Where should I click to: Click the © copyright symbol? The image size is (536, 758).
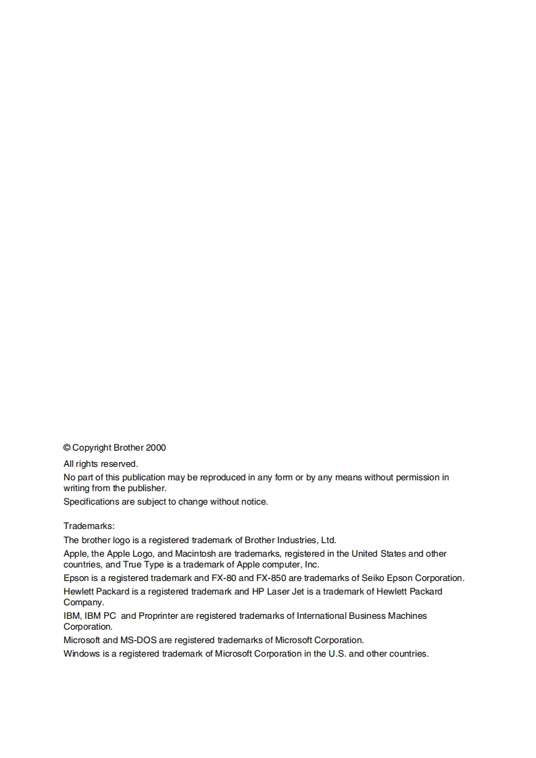click(x=67, y=448)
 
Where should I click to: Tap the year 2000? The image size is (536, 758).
click(x=155, y=448)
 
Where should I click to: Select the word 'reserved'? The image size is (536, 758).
click(x=119, y=464)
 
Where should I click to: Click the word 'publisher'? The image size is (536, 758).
click(x=146, y=488)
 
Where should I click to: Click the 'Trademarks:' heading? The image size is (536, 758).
click(x=89, y=526)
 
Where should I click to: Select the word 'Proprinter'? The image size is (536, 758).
click(x=159, y=616)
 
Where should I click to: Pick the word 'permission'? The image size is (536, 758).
click(x=418, y=478)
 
